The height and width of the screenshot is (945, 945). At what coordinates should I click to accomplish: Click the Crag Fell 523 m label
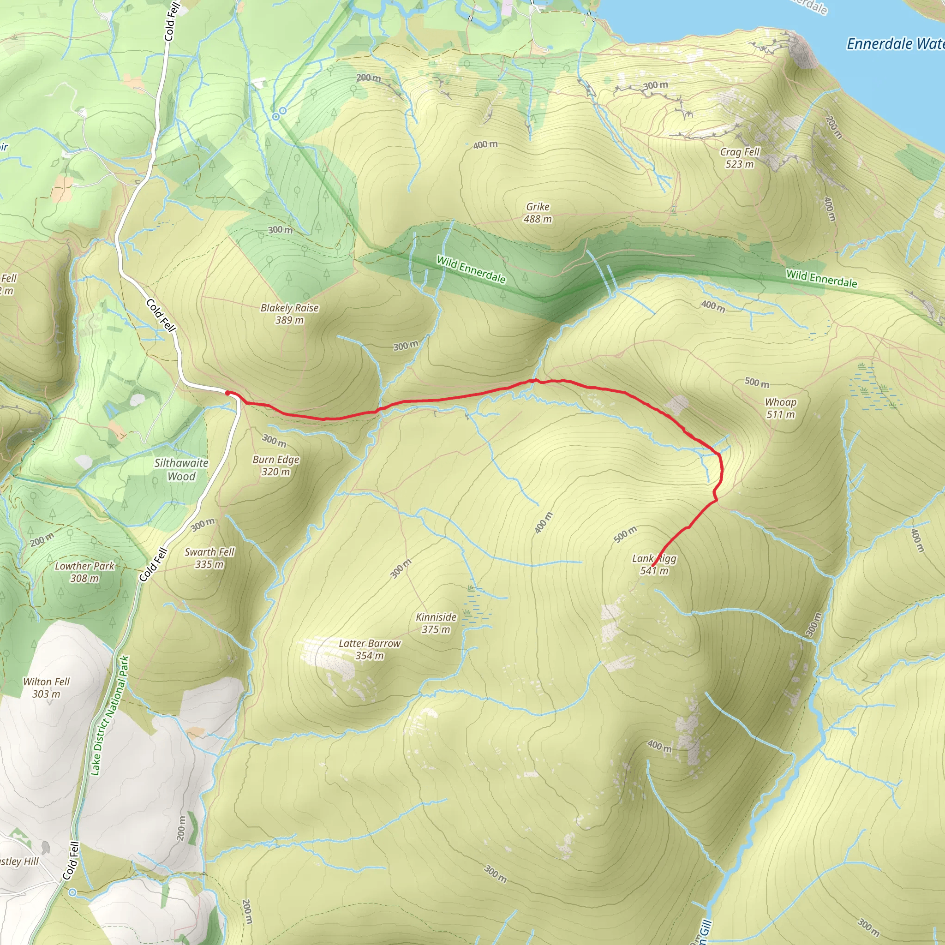point(740,158)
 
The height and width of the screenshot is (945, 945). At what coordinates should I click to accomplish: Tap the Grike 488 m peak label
point(538,213)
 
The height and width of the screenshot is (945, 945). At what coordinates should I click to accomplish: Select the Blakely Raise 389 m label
point(290,313)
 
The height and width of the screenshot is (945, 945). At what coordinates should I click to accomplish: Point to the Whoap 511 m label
point(781,408)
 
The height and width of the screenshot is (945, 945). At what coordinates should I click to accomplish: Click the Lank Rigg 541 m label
point(654,564)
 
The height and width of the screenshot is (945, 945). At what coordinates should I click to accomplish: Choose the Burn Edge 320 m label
point(276,465)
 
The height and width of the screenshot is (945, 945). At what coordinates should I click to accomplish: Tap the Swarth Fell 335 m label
point(209,557)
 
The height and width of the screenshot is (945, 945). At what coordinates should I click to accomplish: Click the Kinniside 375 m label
point(436,622)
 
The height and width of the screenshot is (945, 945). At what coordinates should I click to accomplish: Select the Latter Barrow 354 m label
point(369,649)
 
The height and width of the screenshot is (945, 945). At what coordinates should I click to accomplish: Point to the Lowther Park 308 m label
point(84,572)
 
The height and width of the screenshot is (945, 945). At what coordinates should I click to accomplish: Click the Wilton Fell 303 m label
point(47,687)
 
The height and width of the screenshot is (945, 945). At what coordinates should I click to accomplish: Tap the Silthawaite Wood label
point(181,469)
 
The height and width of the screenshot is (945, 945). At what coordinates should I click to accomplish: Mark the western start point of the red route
point(227,393)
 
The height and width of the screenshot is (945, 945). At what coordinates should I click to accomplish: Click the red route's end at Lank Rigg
point(653,567)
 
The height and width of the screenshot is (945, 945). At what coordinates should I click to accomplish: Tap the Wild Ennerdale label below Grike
point(471,269)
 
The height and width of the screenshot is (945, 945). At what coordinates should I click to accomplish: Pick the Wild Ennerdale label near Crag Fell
point(821,278)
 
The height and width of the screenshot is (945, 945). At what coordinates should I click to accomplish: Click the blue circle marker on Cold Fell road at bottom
point(72,892)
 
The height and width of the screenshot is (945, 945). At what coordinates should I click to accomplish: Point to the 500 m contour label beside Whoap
point(756,382)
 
